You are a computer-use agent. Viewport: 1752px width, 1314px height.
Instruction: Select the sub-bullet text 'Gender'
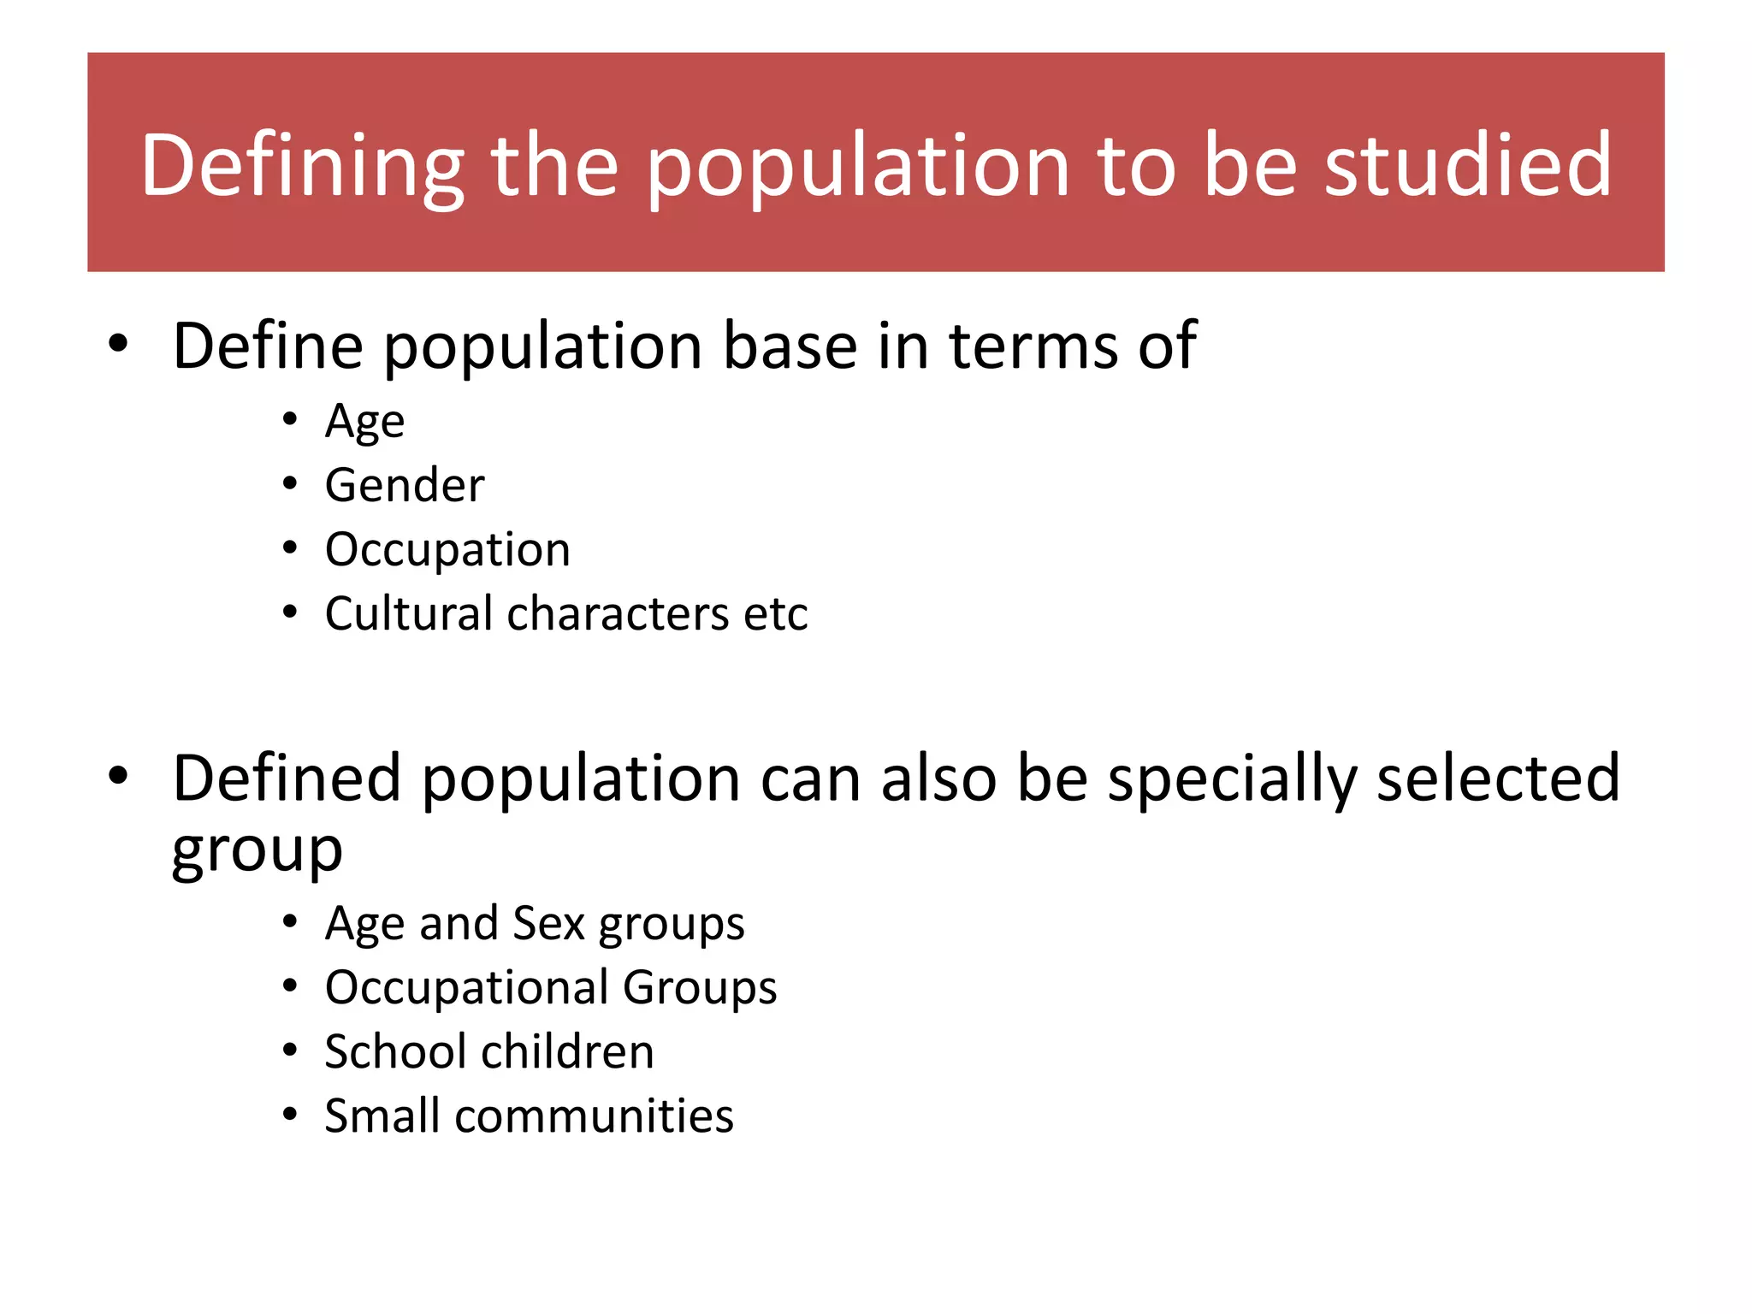[x=405, y=485]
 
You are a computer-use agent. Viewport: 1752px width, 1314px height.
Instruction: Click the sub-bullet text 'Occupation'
[x=447, y=549]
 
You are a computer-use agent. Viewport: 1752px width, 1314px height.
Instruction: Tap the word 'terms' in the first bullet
[x=1033, y=346]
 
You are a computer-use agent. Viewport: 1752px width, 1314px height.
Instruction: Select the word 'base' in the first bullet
[x=790, y=346]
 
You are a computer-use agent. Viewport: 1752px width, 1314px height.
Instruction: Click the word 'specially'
[x=1233, y=780]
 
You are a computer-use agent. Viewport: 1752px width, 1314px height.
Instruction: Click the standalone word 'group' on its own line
[x=257, y=852]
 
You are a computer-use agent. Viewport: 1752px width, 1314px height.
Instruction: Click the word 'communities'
[x=594, y=1116]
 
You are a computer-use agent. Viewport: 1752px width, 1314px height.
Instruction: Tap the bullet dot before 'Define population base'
[x=118, y=344]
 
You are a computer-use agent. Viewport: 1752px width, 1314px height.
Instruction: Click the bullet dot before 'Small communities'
[x=290, y=1115]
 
